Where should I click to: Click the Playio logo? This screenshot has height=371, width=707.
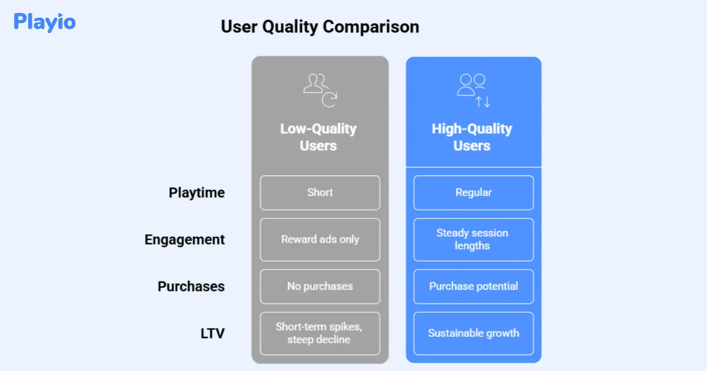tap(45, 22)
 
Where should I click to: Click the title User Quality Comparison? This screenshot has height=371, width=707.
tap(320, 27)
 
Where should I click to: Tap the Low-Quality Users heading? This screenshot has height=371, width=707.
tap(318, 137)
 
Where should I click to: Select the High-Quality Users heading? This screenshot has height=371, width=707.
tap(472, 137)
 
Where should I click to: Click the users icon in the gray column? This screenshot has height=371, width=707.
tap(320, 90)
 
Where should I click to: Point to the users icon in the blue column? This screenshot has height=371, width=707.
tap(474, 90)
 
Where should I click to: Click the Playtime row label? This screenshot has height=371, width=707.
tap(197, 193)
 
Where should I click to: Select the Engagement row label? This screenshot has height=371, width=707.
tap(184, 240)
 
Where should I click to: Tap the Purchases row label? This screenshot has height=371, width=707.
tap(191, 286)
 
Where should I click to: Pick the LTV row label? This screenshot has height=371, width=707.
tap(213, 333)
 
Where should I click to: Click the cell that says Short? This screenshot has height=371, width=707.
tap(320, 193)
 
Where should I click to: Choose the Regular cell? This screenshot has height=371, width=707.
tap(474, 193)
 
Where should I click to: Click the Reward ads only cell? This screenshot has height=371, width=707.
tap(320, 240)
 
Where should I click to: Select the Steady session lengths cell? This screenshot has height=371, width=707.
tap(474, 240)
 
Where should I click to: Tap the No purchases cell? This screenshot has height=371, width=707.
tap(320, 286)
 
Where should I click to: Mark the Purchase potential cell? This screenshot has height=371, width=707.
tap(474, 286)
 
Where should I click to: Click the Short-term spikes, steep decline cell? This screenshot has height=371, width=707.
tap(320, 333)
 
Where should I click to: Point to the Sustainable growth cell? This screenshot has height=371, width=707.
tap(474, 333)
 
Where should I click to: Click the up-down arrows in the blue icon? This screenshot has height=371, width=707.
tap(483, 101)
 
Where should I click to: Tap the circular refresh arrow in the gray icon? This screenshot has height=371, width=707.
tap(329, 100)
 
